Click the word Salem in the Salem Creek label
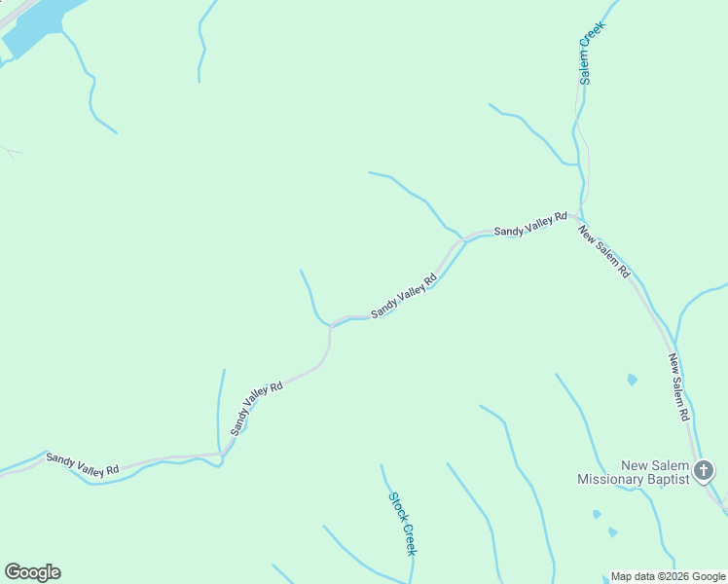coord(586,64)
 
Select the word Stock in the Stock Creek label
coord(396,505)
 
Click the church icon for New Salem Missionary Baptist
coord(705,472)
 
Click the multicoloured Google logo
coord(32,572)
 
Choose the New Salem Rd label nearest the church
coord(678,386)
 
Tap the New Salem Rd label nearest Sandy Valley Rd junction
coord(603,252)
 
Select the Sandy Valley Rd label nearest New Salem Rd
coord(530,225)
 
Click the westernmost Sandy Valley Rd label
coord(82,464)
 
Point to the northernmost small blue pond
coord(633,379)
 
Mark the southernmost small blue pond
coord(612,532)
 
